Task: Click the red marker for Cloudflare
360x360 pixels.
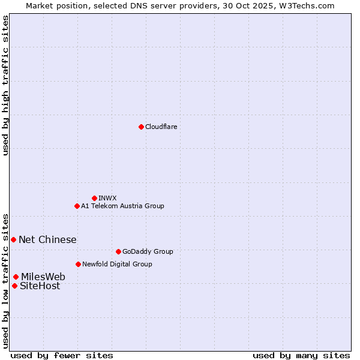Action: (141, 127)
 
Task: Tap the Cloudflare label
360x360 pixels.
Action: (161, 127)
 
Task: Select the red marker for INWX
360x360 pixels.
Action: (94, 198)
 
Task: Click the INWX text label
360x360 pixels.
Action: (107, 198)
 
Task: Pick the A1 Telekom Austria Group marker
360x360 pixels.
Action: (77, 206)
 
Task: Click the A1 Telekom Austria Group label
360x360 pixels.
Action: (122, 206)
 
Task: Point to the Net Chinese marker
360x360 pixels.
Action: (13, 239)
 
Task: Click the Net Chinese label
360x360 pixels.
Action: (47, 239)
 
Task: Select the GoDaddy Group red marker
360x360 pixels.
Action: (118, 251)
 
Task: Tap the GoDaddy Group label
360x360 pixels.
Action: (148, 251)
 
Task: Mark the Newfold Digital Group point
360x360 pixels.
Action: (78, 264)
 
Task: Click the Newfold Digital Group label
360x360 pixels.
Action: (117, 264)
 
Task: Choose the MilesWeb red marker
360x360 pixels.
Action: (16, 277)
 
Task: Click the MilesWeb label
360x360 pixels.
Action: (43, 277)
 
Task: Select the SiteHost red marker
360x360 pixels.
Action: (14, 286)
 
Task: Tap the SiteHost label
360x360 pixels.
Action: (40, 286)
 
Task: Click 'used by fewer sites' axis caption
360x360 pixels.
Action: (62, 355)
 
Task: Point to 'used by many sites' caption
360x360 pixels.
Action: (301, 355)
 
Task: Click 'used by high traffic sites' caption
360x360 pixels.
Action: (5, 85)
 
